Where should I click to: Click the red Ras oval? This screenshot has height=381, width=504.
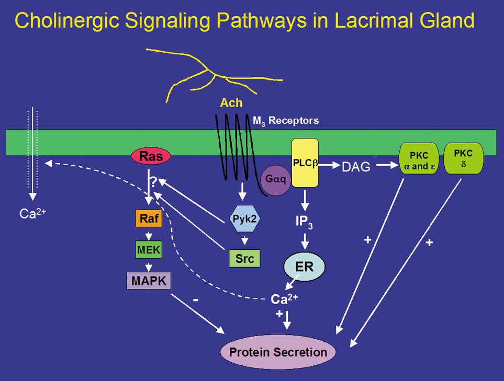pyautogui.click(x=151, y=156)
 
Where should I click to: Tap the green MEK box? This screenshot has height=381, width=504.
pyautogui.click(x=149, y=250)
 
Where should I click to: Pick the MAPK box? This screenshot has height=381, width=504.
pyautogui.click(x=149, y=281)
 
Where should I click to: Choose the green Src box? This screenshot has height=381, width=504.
pyautogui.click(x=244, y=258)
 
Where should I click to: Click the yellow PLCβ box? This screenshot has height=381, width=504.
pyautogui.click(x=305, y=163)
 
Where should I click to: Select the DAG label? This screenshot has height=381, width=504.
pyautogui.click(x=356, y=167)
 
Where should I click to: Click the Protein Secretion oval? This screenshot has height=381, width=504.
pyautogui.click(x=277, y=352)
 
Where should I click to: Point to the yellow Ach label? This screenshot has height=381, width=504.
pyautogui.click(x=231, y=103)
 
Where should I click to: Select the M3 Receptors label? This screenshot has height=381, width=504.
pyautogui.click(x=286, y=121)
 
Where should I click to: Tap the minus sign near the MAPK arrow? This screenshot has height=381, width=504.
pyautogui.click(x=195, y=301)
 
